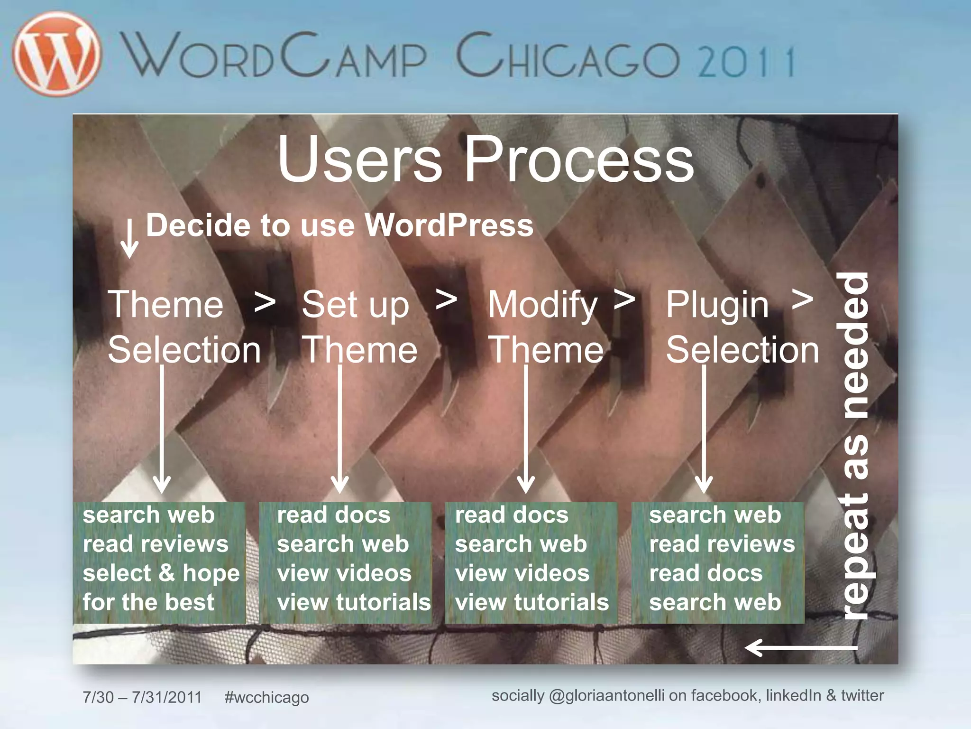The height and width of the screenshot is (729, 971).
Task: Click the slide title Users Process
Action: click(x=485, y=159)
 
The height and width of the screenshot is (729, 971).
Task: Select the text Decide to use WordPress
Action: click(x=339, y=225)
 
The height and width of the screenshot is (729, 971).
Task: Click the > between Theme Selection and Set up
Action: click(x=265, y=302)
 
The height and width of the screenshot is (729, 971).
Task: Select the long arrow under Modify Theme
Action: click(x=526, y=430)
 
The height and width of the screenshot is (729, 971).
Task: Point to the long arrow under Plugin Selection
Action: click(x=704, y=430)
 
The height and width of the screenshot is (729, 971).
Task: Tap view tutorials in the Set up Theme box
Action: click(x=354, y=602)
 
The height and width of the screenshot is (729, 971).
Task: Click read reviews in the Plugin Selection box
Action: click(x=722, y=544)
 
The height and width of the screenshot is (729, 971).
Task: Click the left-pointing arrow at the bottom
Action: click(x=801, y=647)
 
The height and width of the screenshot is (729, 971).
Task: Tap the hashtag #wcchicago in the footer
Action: click(x=266, y=697)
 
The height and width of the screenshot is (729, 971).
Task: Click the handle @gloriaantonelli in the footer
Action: click(x=606, y=696)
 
